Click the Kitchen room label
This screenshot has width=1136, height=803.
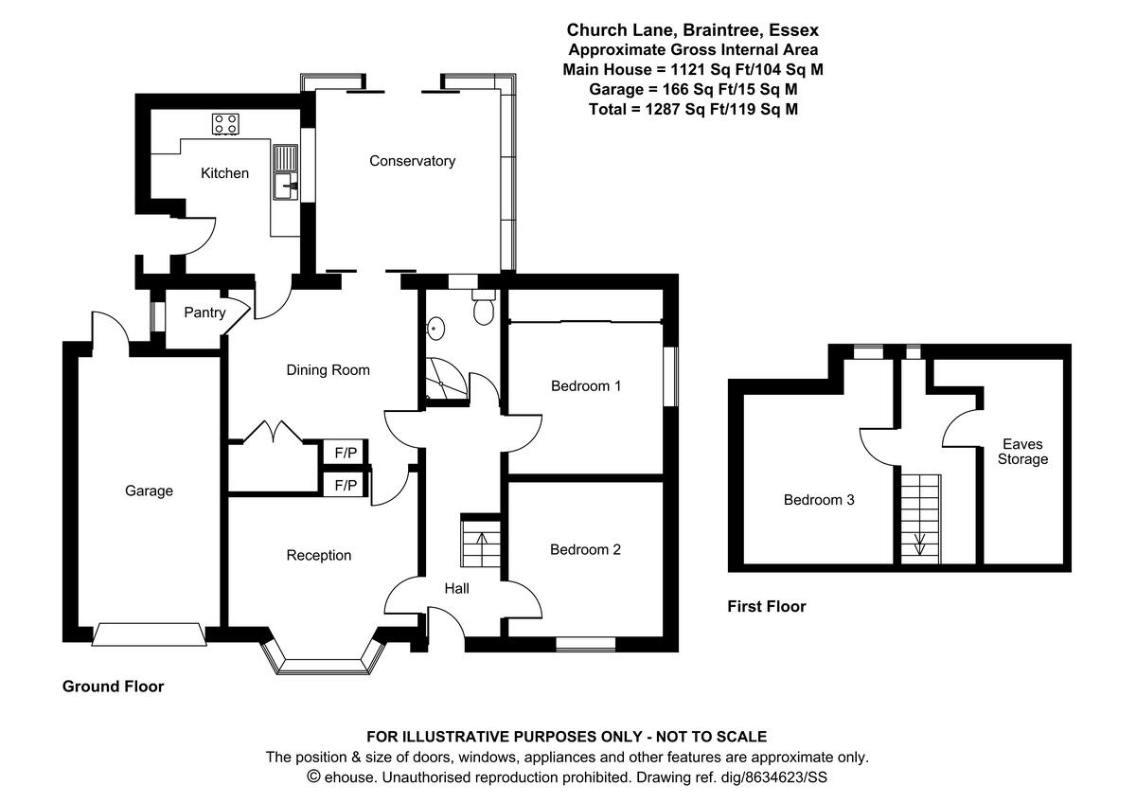(224, 173)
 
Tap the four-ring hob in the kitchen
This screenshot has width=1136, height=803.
(225, 123)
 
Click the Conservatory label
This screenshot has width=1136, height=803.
(412, 161)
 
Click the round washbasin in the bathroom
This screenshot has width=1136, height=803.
(435, 329)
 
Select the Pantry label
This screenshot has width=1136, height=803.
(204, 312)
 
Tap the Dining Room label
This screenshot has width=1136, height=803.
(328, 370)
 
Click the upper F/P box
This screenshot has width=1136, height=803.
(346, 454)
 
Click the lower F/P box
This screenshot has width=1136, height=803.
(346, 486)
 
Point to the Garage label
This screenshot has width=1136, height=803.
(149, 491)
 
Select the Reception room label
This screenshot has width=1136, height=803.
(319, 556)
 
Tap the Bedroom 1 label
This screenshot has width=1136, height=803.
(586, 386)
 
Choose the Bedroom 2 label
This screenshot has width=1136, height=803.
(585, 549)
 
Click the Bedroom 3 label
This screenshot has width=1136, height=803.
(819, 500)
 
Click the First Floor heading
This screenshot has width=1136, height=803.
(766, 606)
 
